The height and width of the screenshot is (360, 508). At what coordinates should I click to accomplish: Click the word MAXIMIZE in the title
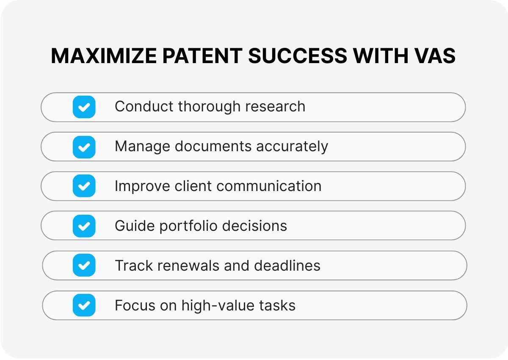click(x=104, y=56)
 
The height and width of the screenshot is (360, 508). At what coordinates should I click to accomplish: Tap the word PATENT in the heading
click(x=202, y=56)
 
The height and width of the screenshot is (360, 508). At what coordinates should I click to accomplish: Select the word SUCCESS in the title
click(x=298, y=56)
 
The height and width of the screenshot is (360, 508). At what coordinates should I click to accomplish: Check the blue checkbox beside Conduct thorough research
click(x=84, y=107)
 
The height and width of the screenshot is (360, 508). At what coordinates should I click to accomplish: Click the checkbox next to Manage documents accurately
click(x=84, y=147)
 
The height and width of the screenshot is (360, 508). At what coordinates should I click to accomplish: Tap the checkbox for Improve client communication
click(x=84, y=186)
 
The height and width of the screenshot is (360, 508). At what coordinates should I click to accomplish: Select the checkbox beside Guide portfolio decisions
click(x=84, y=226)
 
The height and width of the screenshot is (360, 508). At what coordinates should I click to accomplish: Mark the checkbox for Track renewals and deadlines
click(x=84, y=265)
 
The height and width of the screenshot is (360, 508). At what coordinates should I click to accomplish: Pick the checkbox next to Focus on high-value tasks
click(x=84, y=305)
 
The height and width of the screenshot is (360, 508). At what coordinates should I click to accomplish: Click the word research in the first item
click(x=275, y=106)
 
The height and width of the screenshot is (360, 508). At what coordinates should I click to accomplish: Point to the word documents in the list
click(x=213, y=146)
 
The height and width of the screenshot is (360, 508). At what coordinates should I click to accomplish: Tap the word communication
click(x=269, y=186)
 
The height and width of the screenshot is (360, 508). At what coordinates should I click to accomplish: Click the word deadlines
click(x=287, y=266)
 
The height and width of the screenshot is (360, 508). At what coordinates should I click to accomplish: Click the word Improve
click(x=142, y=186)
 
